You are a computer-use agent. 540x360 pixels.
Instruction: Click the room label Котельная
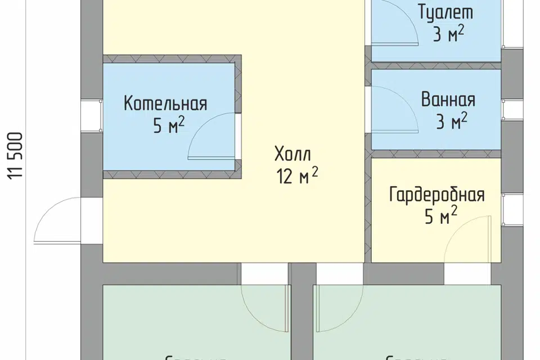165,104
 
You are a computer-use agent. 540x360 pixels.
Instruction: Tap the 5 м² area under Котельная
169,126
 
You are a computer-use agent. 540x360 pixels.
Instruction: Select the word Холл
292,154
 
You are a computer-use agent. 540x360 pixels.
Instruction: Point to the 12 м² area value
297,177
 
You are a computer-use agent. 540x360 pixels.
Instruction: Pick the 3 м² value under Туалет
448,35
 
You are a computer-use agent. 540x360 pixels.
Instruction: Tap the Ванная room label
448,100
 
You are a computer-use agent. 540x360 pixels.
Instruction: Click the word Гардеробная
436,195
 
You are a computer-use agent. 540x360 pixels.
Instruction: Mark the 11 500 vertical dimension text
16,156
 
